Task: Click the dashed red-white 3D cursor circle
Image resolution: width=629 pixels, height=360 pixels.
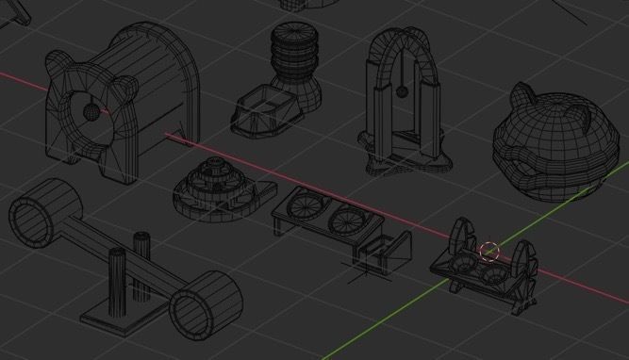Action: point(489,252)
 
